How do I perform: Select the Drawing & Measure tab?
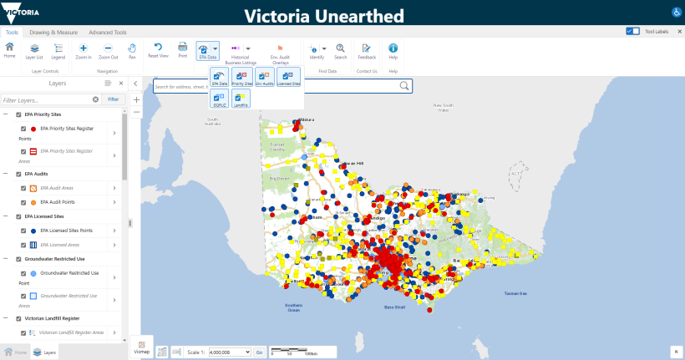click(53, 32)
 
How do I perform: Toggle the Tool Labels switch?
click(632, 31)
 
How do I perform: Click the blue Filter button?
click(114, 99)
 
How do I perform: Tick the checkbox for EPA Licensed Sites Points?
click(23, 230)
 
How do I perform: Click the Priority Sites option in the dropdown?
click(242, 78)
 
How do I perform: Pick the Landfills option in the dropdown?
click(242, 99)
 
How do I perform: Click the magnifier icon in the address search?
click(404, 85)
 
